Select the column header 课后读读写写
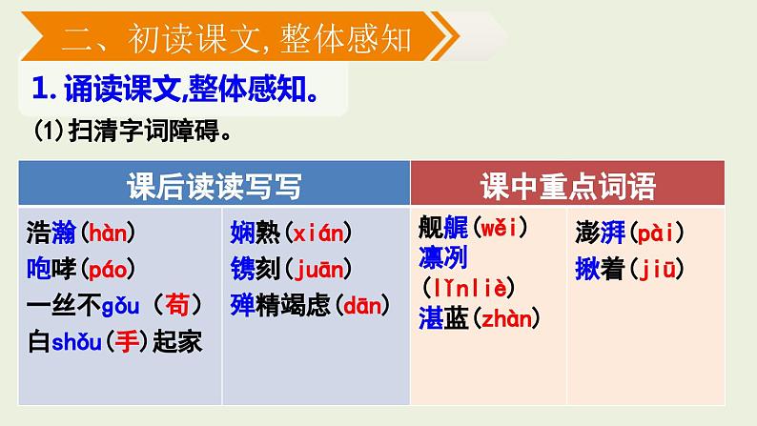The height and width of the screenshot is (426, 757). pyautogui.click(x=214, y=186)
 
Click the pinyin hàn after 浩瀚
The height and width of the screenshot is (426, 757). pyautogui.click(x=106, y=233)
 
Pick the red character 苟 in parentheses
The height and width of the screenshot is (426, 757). pyautogui.click(x=178, y=305)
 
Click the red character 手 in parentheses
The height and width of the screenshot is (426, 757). pyautogui.click(x=127, y=340)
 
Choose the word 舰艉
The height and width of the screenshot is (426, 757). pyautogui.click(x=440, y=229)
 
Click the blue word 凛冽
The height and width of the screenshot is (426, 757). pyautogui.click(x=440, y=257)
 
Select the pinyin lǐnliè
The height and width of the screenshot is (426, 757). pyautogui.click(x=469, y=287)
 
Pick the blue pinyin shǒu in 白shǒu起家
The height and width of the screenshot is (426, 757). pyautogui.click(x=76, y=340)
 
